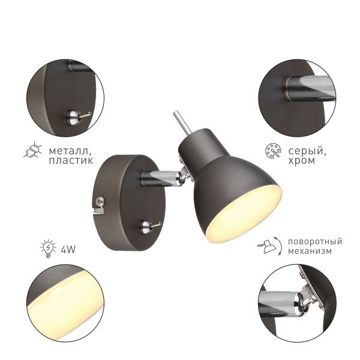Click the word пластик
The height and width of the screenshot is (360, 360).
pos(71,160)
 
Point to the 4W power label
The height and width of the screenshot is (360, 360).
pos(68,250)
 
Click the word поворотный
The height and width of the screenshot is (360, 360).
pos(315,242)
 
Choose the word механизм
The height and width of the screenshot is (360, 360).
pos(310,251)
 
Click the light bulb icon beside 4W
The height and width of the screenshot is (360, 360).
pos(48,248)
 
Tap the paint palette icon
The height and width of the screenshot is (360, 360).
pos(273,151)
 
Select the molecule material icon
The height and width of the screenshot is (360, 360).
pos(34,150)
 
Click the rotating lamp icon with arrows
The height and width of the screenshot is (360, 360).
pos(270,247)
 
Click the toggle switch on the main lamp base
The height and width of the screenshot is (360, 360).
pos(149,226)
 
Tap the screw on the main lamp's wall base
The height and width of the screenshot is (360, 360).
pos(100,201)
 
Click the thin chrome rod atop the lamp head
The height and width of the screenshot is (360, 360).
pos(182,122)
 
